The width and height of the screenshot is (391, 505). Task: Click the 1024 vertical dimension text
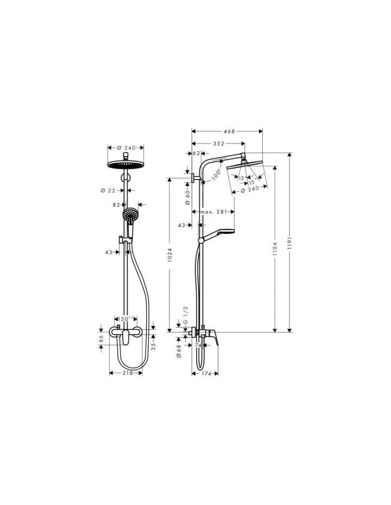pos(170,255)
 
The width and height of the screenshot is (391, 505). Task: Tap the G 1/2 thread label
pos(186,315)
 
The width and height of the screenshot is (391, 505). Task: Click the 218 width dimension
pos(126,374)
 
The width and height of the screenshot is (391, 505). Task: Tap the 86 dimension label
pos(102,338)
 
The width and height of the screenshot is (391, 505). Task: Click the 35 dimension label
pos(154,344)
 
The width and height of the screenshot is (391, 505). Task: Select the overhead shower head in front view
pos(125,164)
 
